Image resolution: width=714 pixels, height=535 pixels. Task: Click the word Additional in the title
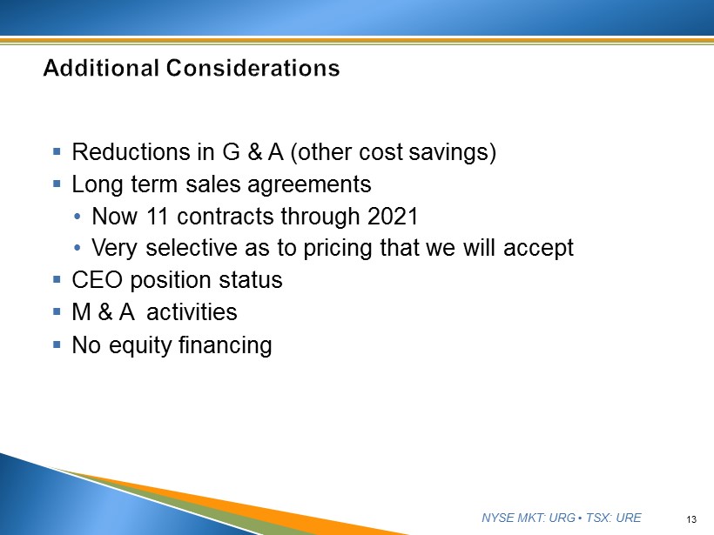[101, 68]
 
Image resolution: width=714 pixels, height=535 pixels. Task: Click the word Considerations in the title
[253, 68]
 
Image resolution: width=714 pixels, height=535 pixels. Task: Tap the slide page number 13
[691, 519]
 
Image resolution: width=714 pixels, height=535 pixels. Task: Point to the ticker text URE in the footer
[629, 518]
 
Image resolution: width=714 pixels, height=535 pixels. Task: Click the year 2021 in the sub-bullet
[393, 216]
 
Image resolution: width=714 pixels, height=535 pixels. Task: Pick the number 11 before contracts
[157, 216]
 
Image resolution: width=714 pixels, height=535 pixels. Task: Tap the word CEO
[97, 280]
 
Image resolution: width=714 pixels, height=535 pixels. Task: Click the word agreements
[309, 185]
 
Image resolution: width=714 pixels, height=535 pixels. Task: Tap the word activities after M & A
[192, 312]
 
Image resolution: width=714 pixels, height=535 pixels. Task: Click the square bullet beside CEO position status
[57, 279]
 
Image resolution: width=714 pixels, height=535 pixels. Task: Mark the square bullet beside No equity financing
[57, 344]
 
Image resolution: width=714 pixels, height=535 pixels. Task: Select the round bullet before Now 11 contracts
[77, 217]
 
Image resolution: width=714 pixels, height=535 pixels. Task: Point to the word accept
[538, 249]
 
